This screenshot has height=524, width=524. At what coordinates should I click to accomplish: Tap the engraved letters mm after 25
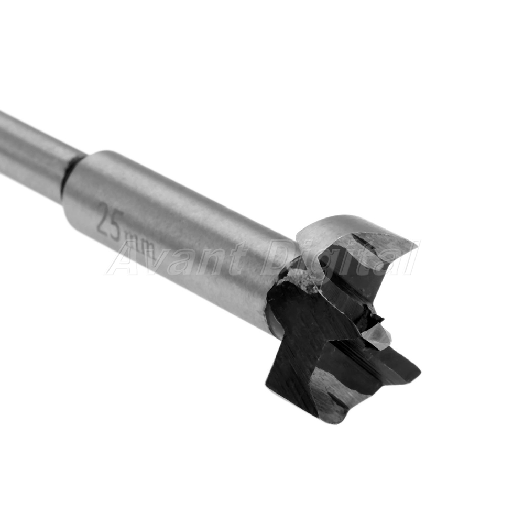point(141,245)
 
